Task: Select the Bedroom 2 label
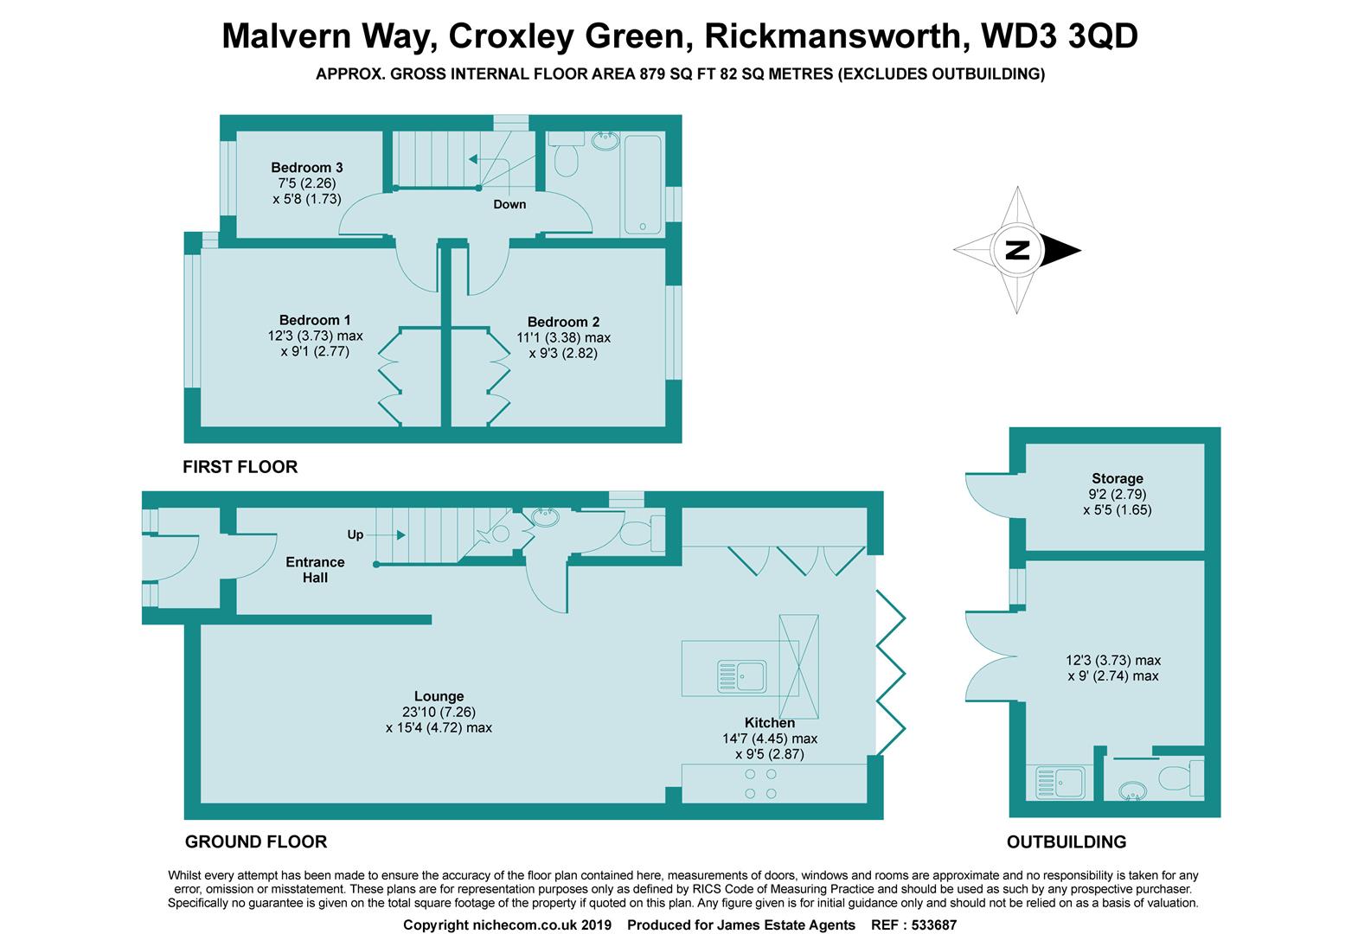[564, 322]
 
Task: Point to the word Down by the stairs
[509, 205]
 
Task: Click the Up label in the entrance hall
[356, 534]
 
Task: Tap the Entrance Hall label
[315, 569]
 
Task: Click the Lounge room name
[439, 696]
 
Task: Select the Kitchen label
[770, 723]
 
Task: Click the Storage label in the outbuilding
[1117, 478]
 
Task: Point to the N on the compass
[1018, 250]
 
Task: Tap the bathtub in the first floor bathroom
[642, 183]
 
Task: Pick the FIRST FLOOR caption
[240, 467]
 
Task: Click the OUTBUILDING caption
[1066, 841]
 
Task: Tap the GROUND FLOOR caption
[256, 841]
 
